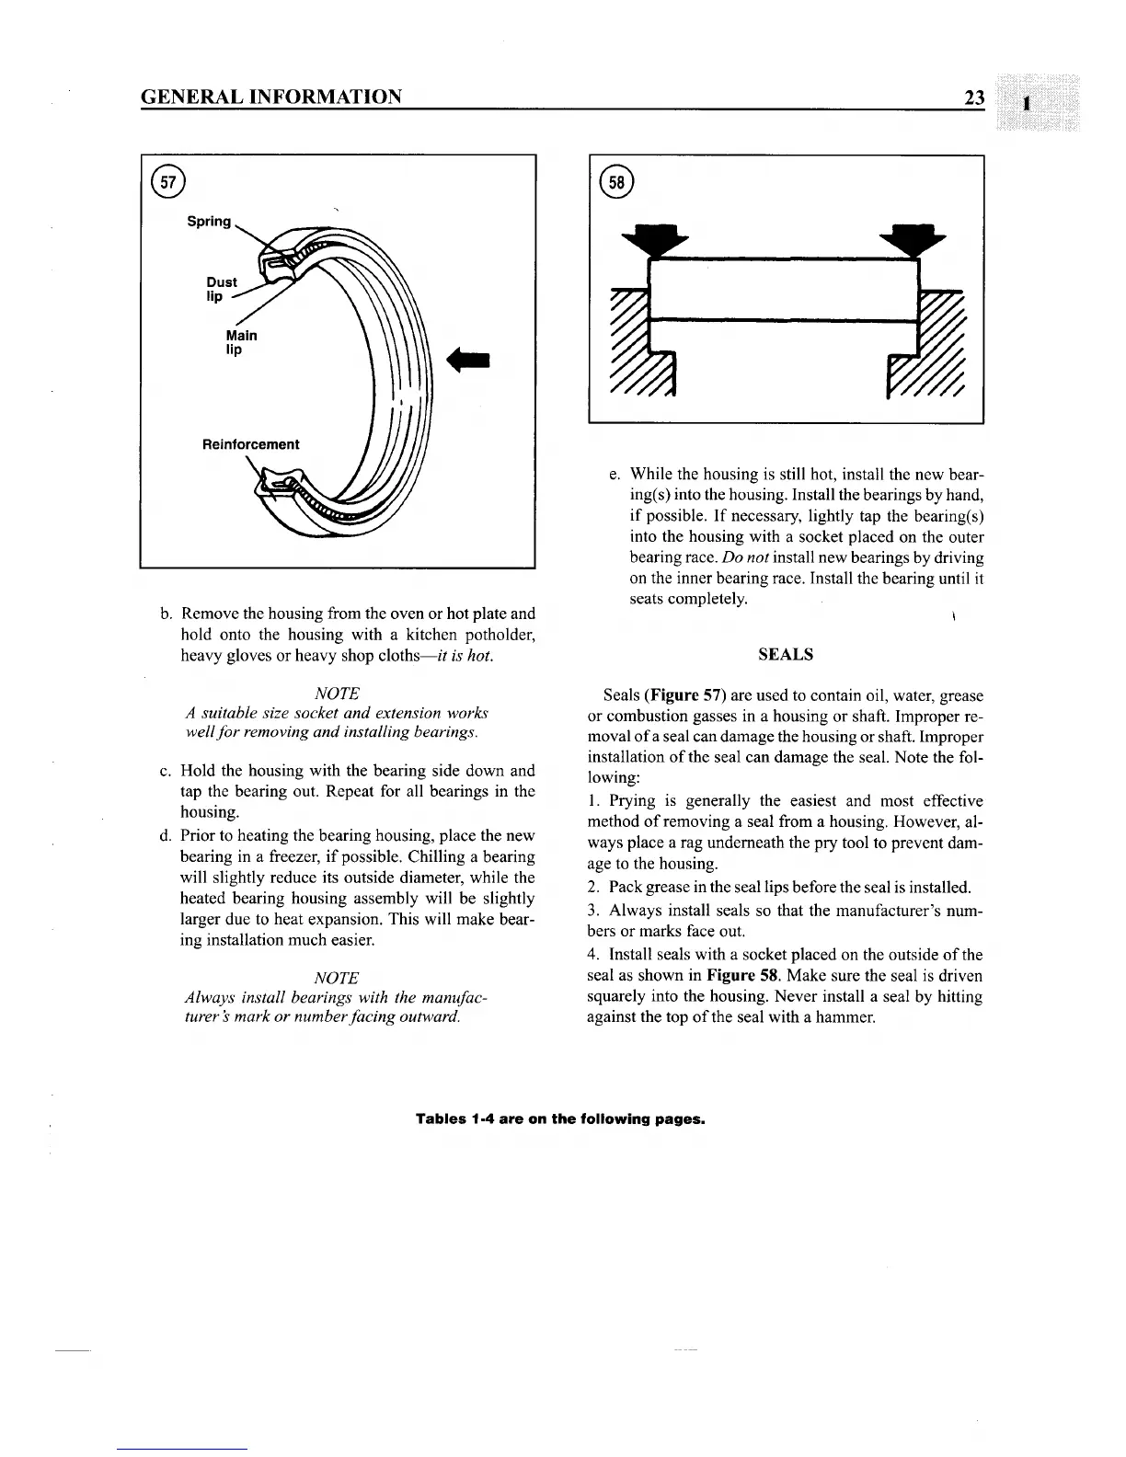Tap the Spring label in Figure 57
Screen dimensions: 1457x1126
[x=209, y=222]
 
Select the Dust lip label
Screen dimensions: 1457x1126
[x=221, y=289]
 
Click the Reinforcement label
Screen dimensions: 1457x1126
[x=250, y=444]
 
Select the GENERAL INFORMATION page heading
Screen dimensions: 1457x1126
[x=271, y=97]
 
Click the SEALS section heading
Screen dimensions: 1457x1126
[x=785, y=655]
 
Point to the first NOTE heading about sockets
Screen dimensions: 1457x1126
[x=336, y=693]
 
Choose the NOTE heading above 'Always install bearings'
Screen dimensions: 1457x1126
[x=336, y=978]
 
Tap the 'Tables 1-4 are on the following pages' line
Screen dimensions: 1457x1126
[x=560, y=1119]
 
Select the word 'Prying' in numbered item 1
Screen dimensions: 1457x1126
[x=629, y=801]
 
